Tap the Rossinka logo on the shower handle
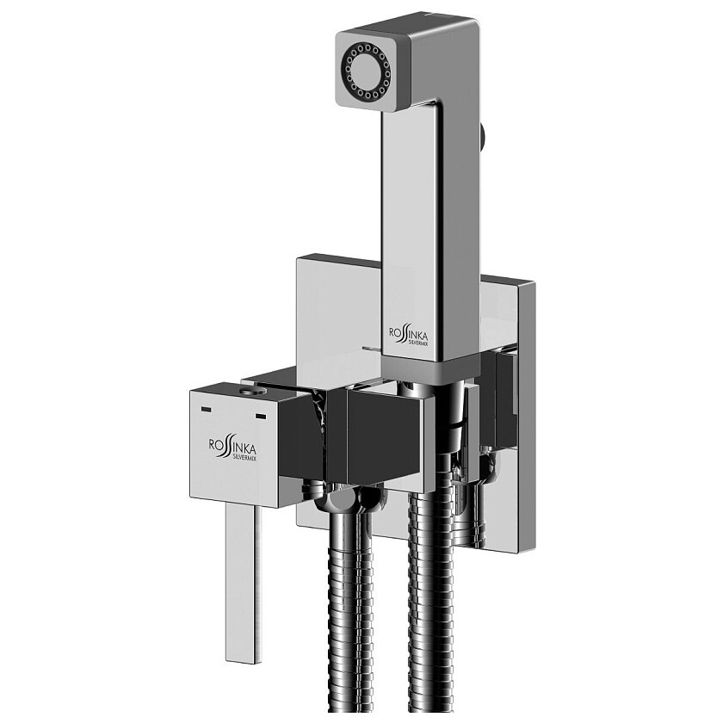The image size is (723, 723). [409, 335]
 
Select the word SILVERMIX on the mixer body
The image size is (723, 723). [244, 457]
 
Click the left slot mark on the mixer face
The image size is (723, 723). [207, 409]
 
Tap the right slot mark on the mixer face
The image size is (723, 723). [261, 417]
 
